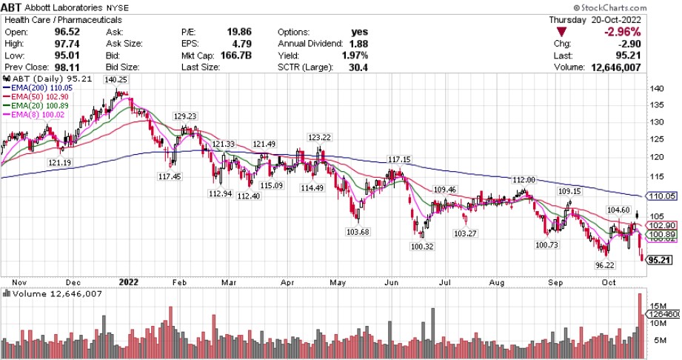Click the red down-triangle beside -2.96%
[562, 33]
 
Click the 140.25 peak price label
[116, 80]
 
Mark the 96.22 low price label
[604, 264]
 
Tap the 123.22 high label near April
[320, 138]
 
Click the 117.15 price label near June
[398, 160]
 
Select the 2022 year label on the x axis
[129, 282]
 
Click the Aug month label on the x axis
[496, 282]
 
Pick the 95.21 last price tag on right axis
[659, 260]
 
